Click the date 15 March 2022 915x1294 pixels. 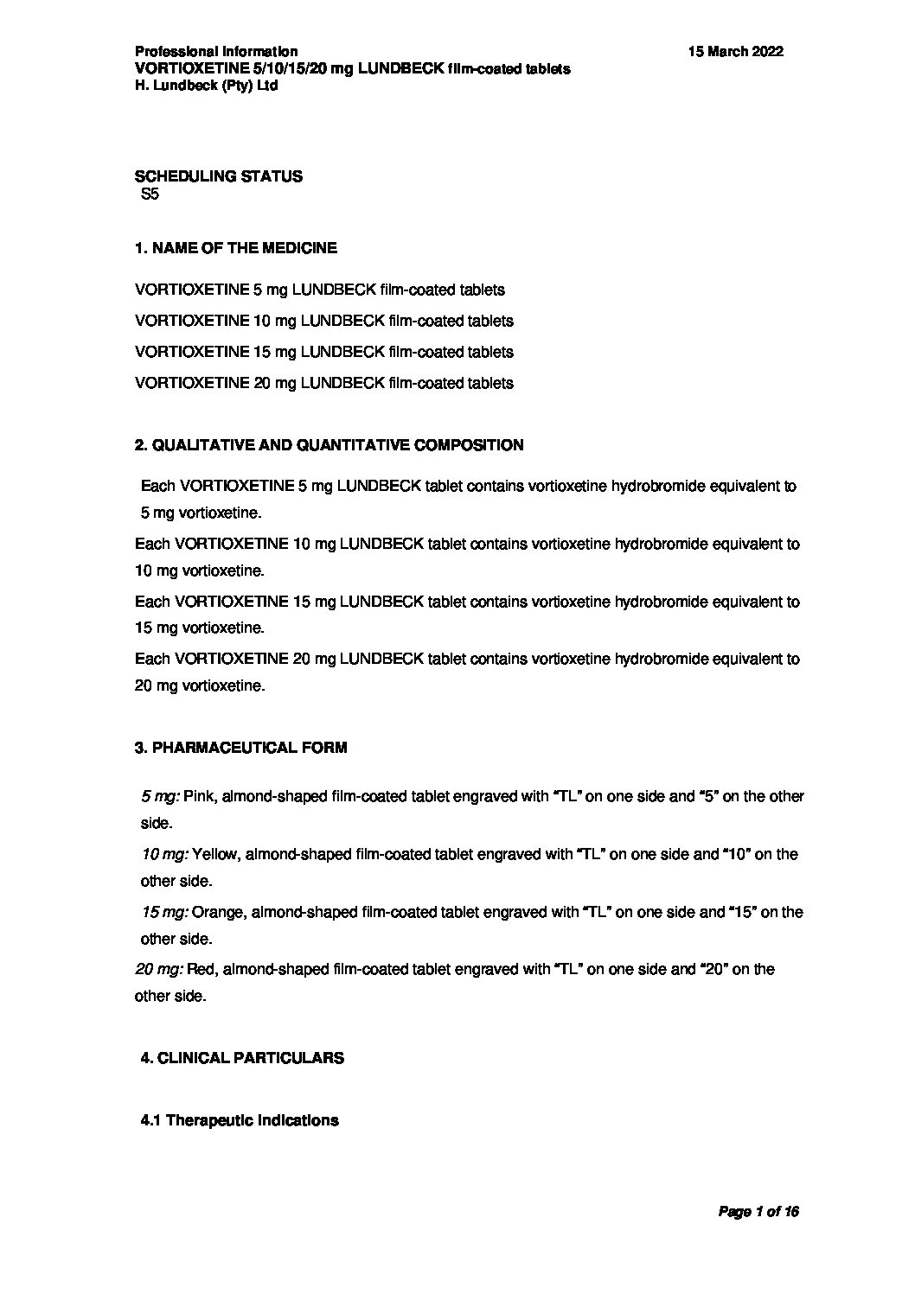pyautogui.click(x=735, y=52)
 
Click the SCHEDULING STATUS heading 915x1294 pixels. pyautogui.click(x=219, y=176)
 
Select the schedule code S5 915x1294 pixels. pyautogui.click(x=150, y=195)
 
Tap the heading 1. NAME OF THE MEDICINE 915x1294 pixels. pyautogui.click(x=235, y=248)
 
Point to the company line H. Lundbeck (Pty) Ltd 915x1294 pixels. pyautogui.click(x=206, y=86)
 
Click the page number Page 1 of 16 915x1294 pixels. pyautogui.click(x=758, y=1212)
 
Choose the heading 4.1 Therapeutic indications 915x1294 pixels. pyautogui.click(x=239, y=1120)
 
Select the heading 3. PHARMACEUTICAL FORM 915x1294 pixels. pyautogui.click(x=240, y=748)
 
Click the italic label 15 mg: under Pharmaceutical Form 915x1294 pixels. pyautogui.click(x=164, y=912)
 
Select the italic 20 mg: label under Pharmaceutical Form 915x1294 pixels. pyautogui.click(x=158, y=970)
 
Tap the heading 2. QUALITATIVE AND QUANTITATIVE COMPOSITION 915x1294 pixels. pyautogui.click(x=329, y=446)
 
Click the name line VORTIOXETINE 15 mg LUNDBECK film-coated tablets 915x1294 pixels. pyautogui.click(x=323, y=353)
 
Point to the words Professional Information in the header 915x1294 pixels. pyautogui.click(x=216, y=52)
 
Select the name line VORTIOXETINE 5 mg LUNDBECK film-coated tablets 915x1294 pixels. pyautogui.click(x=320, y=290)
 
